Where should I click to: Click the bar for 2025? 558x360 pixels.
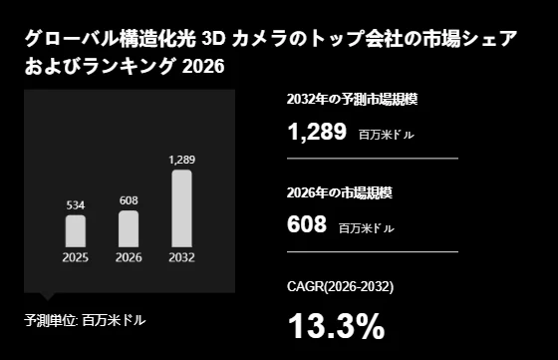[x=76, y=230]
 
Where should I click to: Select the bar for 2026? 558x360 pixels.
[x=129, y=228]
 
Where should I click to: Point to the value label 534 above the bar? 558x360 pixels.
[x=76, y=204]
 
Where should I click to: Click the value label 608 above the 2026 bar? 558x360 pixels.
[x=129, y=200]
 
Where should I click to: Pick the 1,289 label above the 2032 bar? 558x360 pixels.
[x=181, y=160]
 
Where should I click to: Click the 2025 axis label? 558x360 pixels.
[x=76, y=257]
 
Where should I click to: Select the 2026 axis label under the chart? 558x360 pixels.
[x=129, y=257]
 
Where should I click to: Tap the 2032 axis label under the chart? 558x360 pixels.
[x=181, y=257]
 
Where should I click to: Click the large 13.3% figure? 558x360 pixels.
[x=335, y=326]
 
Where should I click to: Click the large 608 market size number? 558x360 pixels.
[x=306, y=224]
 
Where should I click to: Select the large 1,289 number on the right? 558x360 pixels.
[x=316, y=131]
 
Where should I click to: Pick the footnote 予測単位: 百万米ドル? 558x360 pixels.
[x=85, y=320]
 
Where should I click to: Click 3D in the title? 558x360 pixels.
[x=214, y=41]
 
